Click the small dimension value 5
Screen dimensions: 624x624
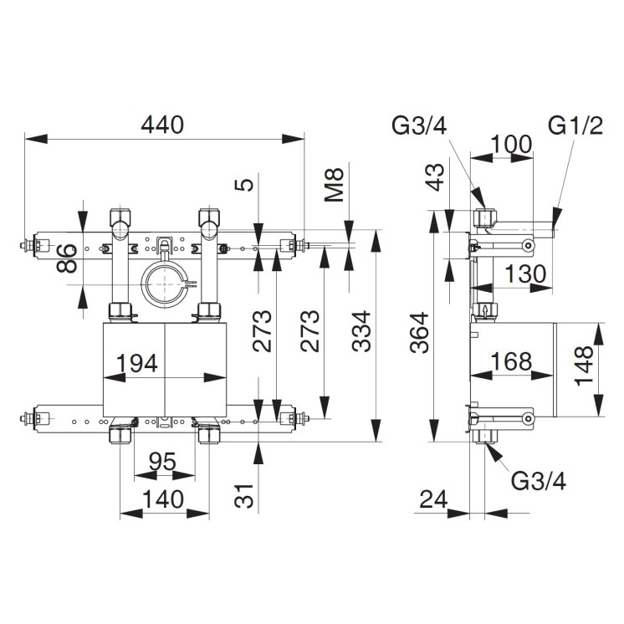pyautogui.click(x=243, y=185)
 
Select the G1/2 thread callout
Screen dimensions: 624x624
pyautogui.click(x=575, y=126)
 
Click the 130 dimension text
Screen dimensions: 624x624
pyautogui.click(x=524, y=274)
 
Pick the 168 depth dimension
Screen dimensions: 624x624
pyautogui.click(x=511, y=362)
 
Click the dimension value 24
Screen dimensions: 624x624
pyautogui.click(x=433, y=499)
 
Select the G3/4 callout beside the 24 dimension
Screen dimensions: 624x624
pyautogui.click(x=538, y=481)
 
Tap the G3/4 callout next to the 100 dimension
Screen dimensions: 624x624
pyautogui.click(x=418, y=126)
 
